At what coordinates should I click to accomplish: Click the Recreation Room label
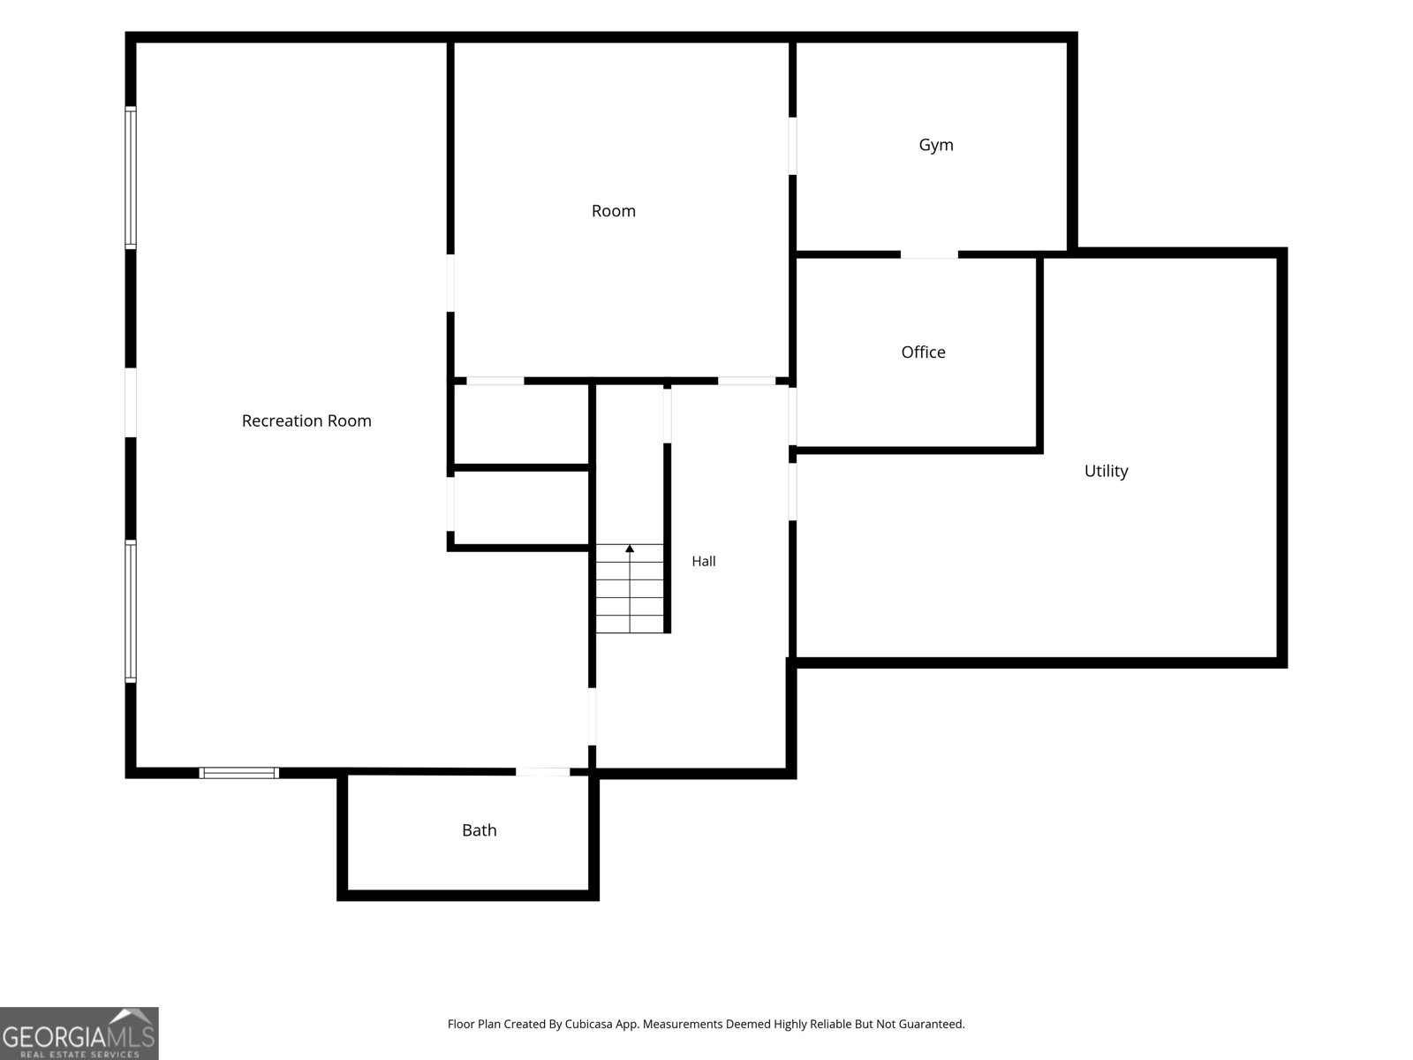pos(306,420)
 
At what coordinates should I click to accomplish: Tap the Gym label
pos(936,146)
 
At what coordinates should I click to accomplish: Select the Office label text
pos(923,352)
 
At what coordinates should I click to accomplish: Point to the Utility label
pos(1106,471)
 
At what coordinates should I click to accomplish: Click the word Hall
pos(704,561)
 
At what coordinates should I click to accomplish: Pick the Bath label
pos(479,830)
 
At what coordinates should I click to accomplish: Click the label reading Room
pos(614,211)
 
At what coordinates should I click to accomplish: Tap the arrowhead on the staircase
pos(630,549)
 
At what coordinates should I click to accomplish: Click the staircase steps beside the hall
pos(630,588)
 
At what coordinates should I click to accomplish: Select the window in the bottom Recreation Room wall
pos(238,773)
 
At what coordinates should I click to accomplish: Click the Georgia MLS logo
pos(79,1033)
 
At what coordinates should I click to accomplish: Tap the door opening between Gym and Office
pos(929,255)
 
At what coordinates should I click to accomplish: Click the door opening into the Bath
pos(542,772)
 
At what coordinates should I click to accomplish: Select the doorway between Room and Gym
pos(792,146)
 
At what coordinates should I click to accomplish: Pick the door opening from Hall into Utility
pos(792,492)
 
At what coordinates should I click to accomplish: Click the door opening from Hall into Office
pos(792,416)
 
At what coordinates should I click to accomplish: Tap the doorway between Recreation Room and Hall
pos(593,716)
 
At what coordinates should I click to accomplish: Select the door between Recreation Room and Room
pos(450,284)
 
